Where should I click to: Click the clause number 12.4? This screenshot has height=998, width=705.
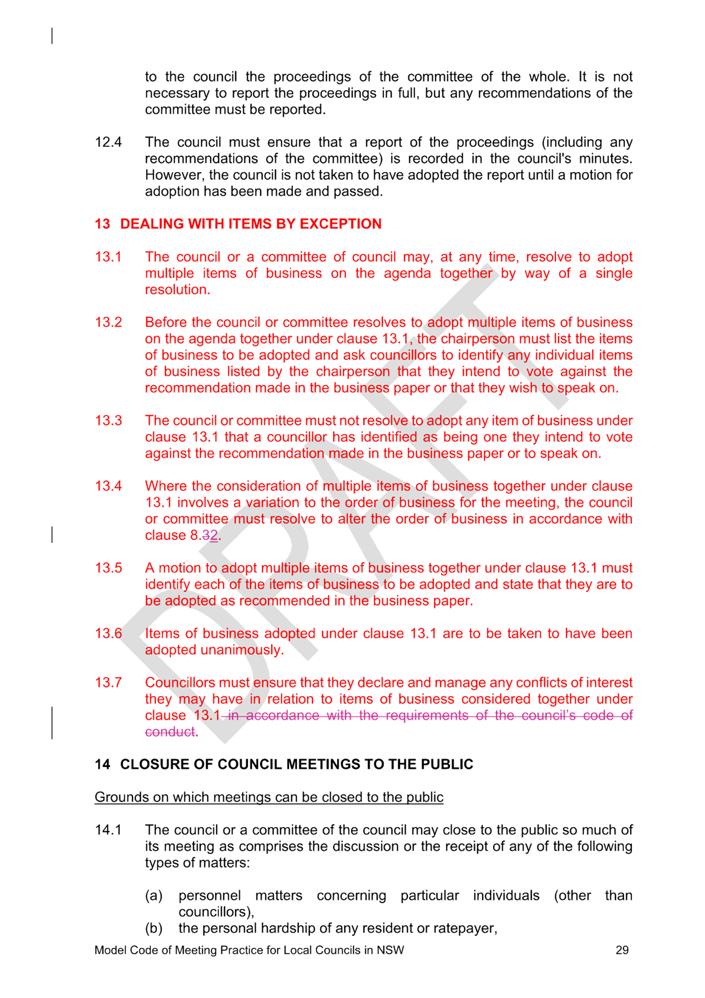pyautogui.click(x=108, y=142)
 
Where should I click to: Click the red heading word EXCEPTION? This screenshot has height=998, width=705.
pyautogui.click(x=341, y=224)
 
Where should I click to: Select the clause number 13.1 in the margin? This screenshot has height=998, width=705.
pyautogui.click(x=108, y=257)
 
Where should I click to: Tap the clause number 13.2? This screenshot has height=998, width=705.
pyautogui.click(x=108, y=323)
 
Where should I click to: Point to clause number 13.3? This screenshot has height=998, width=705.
pyautogui.click(x=108, y=421)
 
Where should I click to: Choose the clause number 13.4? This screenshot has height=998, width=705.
pyautogui.click(x=108, y=486)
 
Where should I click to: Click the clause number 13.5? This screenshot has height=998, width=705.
pyautogui.click(x=108, y=568)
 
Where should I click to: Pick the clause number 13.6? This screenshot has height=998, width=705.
pyautogui.click(x=108, y=634)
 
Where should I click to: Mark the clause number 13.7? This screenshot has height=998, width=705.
pyautogui.click(x=108, y=683)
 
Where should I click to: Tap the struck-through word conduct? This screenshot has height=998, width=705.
pyautogui.click(x=170, y=732)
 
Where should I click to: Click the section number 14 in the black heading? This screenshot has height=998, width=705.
pyautogui.click(x=102, y=764)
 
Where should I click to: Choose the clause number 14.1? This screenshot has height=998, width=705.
pyautogui.click(x=108, y=830)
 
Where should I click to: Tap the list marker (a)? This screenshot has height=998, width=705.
pyautogui.click(x=154, y=896)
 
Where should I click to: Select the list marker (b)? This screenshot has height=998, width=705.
pyautogui.click(x=154, y=929)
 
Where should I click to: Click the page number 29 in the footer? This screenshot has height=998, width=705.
pyautogui.click(x=622, y=950)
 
